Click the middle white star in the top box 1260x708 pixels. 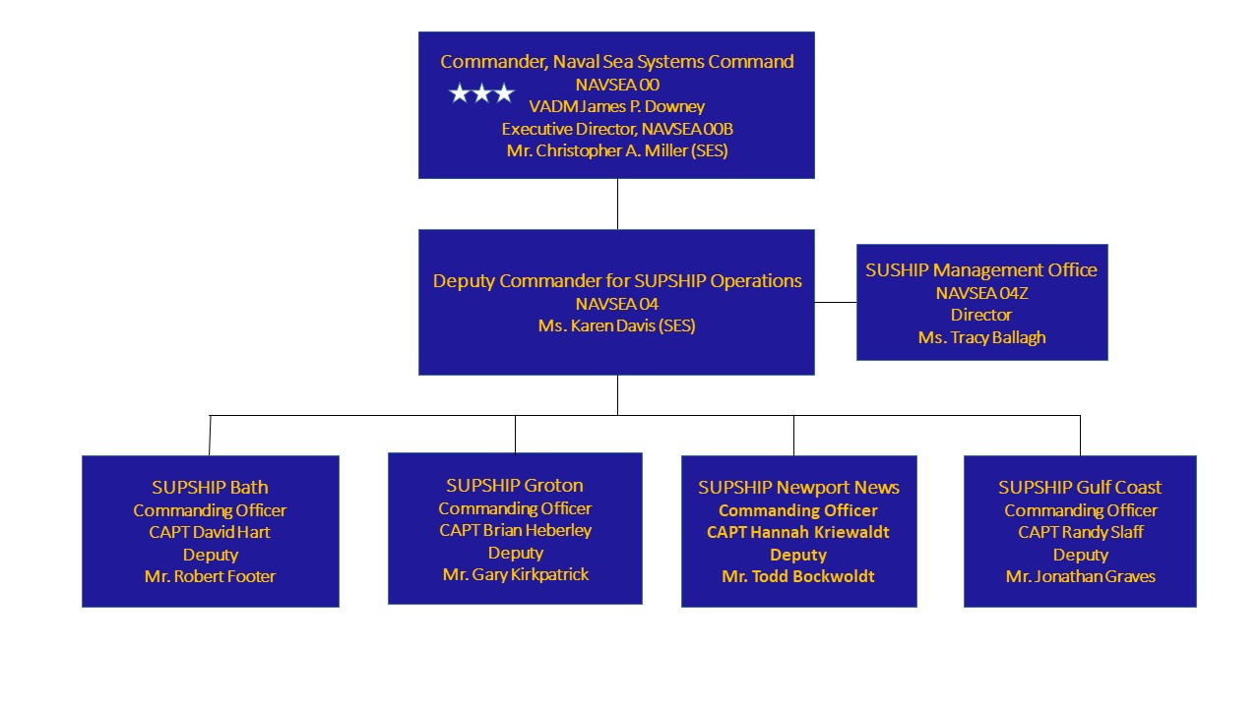pyautogui.click(x=481, y=93)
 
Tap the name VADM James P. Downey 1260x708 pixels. pyautogui.click(x=616, y=106)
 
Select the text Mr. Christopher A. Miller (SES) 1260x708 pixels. pyautogui.click(x=617, y=150)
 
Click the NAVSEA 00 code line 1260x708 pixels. pyautogui.click(x=617, y=85)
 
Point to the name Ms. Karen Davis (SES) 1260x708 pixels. pyautogui.click(x=616, y=325)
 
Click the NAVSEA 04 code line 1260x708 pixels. pyautogui.click(x=616, y=304)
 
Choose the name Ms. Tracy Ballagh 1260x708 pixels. pyautogui.click(x=981, y=337)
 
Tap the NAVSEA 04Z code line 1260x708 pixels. pyautogui.click(x=981, y=293)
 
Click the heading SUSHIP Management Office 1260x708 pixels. pyautogui.click(x=981, y=269)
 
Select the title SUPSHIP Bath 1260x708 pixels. pyautogui.click(x=210, y=487)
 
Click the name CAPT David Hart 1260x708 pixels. pyautogui.click(x=210, y=532)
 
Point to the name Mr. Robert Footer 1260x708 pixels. pyautogui.click(x=210, y=576)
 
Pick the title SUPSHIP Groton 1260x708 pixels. pyautogui.click(x=515, y=485)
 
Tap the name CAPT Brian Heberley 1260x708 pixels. pyautogui.click(x=515, y=530)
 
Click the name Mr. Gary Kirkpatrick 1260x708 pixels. pyautogui.click(x=515, y=574)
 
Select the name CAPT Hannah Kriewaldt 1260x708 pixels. pyautogui.click(x=798, y=532)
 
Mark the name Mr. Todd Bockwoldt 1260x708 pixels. pyautogui.click(x=798, y=576)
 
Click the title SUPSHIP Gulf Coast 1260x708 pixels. pyautogui.click(x=1080, y=487)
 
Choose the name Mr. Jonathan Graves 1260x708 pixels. pyautogui.click(x=1081, y=576)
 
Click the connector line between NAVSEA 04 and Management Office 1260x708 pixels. pyautogui.click(x=836, y=302)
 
